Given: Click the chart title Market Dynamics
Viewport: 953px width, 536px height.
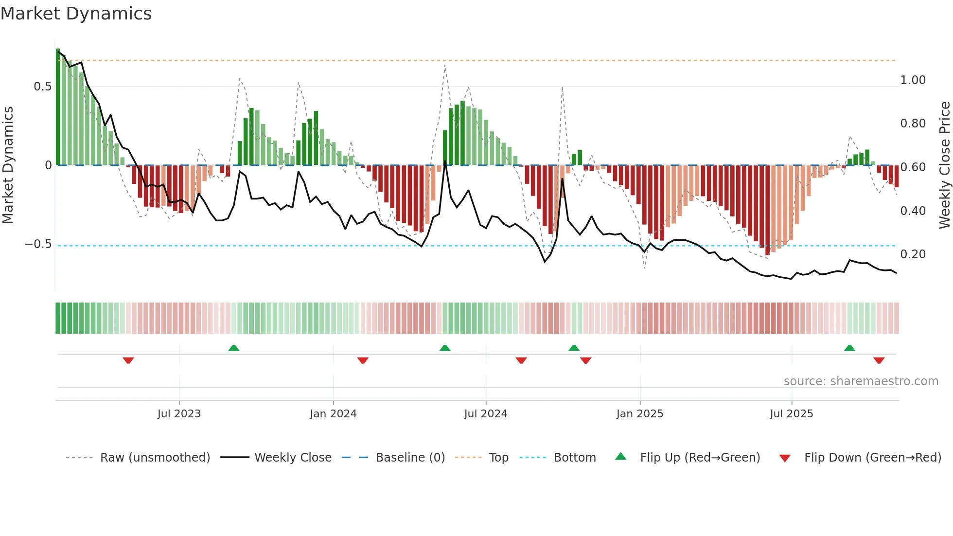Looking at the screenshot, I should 76,14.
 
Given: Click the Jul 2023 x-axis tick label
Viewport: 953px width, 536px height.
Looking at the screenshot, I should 179,414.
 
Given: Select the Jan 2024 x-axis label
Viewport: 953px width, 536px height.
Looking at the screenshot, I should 333,414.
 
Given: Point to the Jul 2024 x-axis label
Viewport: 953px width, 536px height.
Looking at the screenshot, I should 485,414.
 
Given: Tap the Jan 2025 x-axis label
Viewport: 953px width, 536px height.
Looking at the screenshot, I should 639,414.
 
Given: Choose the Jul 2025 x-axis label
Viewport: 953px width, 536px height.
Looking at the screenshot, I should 791,414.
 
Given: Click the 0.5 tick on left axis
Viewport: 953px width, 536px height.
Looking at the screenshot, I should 43,87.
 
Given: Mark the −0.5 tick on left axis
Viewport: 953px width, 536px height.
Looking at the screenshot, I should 38,244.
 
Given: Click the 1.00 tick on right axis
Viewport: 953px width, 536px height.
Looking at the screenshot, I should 913,80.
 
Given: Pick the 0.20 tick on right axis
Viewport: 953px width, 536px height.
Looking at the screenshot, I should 913,254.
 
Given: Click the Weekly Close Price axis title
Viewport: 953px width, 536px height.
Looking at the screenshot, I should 944,165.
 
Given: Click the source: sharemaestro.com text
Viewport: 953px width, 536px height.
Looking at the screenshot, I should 861,381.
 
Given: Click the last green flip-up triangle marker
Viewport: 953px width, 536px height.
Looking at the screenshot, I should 849,348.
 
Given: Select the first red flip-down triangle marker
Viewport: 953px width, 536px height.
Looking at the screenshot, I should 128,360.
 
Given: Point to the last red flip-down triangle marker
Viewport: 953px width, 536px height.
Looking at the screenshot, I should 879,360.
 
